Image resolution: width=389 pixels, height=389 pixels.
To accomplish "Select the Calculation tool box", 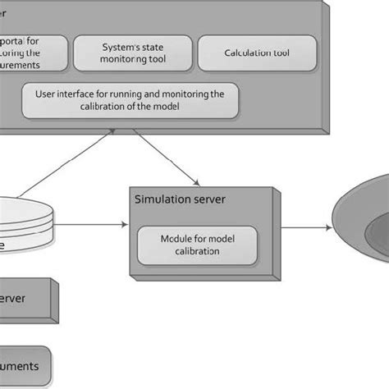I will coord(257,53).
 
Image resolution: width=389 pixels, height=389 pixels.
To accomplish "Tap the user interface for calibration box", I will coord(130,100).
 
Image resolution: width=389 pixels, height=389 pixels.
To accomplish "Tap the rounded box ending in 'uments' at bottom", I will coord(25,364).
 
